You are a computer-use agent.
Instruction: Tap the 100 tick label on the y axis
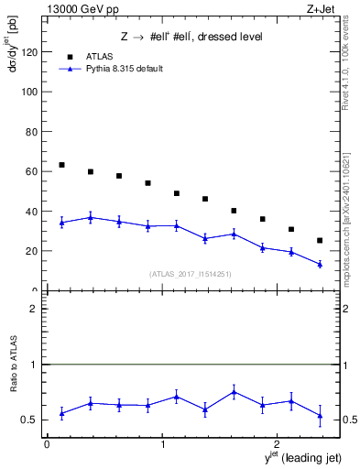(30, 93)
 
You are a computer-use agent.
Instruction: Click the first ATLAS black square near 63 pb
(61, 165)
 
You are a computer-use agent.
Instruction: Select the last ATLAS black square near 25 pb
(320, 240)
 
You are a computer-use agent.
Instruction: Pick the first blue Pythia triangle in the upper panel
(61, 223)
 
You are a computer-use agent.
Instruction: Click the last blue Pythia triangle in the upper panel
(320, 264)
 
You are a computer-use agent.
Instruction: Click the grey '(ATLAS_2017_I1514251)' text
(191, 274)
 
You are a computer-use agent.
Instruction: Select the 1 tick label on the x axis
(163, 444)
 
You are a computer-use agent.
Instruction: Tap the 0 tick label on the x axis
(47, 444)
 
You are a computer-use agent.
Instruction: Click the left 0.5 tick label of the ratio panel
(31, 420)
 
